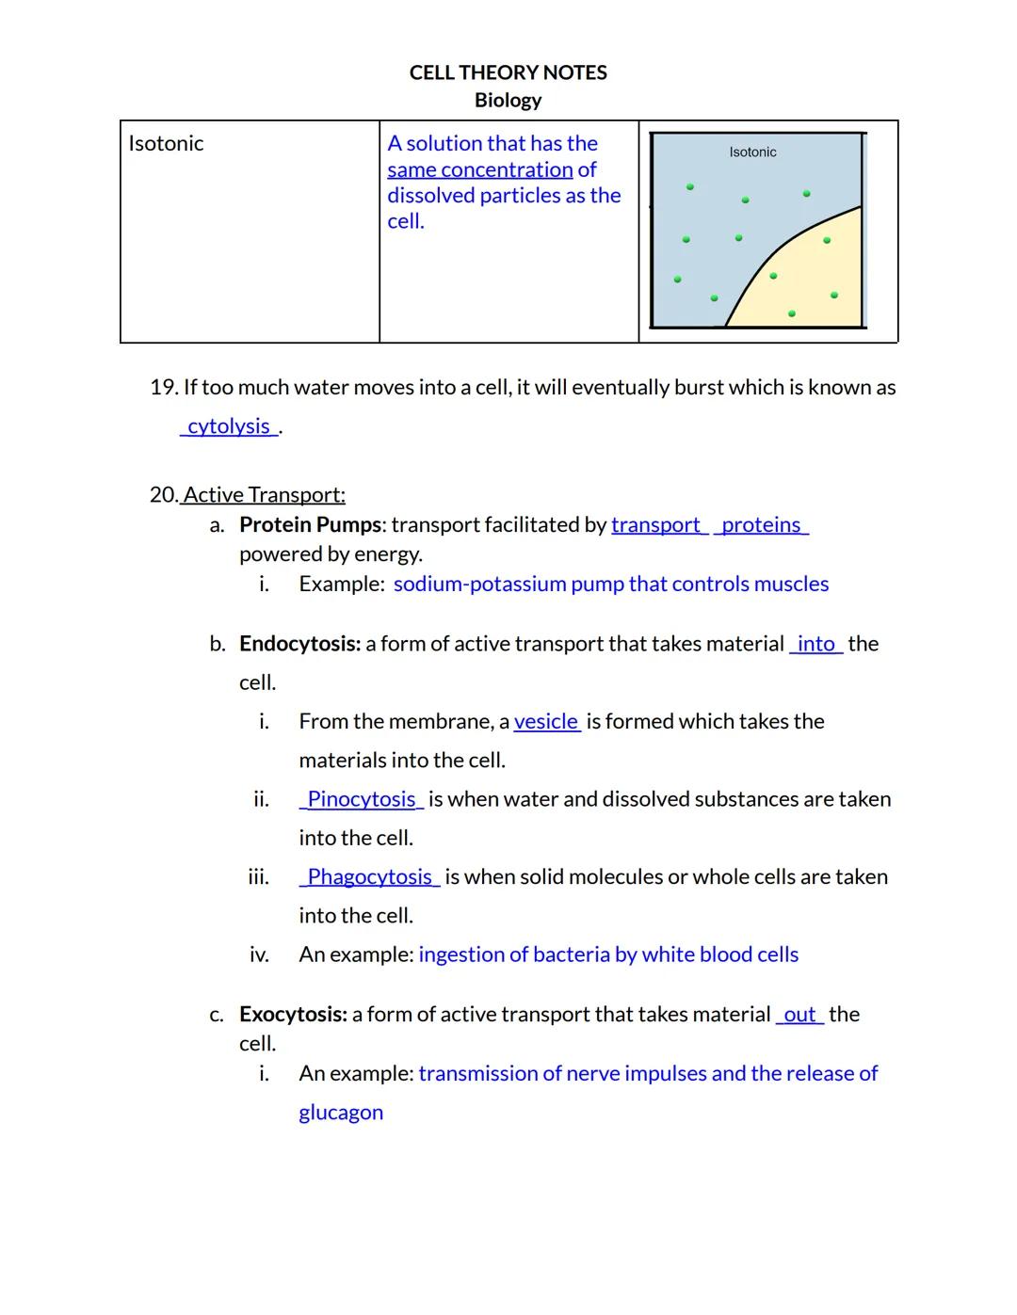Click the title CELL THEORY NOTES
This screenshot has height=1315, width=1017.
click(508, 72)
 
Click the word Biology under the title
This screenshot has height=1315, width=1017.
click(508, 100)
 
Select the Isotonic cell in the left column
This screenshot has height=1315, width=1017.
click(166, 144)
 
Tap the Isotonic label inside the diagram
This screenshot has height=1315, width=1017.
click(752, 152)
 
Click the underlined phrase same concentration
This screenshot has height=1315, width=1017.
click(479, 170)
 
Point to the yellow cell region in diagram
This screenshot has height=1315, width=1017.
click(810, 282)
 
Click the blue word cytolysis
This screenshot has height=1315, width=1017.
click(229, 426)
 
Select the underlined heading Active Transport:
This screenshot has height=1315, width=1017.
click(264, 495)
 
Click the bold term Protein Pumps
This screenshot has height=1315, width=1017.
click(311, 525)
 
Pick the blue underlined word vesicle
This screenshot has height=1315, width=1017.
click(546, 722)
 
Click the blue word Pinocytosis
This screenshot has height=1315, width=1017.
click(362, 800)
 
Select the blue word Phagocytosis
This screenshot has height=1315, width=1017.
click(369, 877)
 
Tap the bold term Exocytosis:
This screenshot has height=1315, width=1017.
click(293, 1015)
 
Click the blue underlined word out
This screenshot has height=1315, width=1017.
click(799, 1015)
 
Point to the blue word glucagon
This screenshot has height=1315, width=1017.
click(341, 1113)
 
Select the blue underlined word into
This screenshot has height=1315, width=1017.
click(815, 644)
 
